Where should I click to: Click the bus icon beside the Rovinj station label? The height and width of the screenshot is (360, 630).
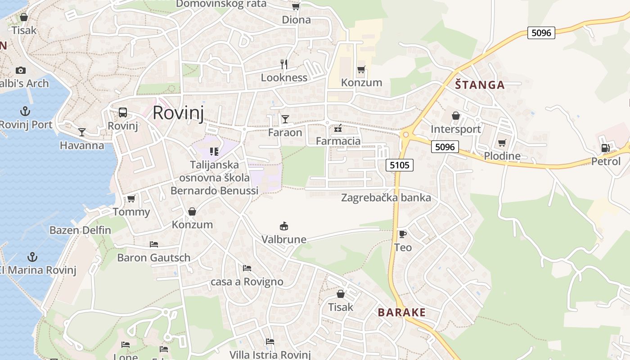(x=123, y=112)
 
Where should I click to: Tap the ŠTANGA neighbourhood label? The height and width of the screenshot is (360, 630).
(x=480, y=85)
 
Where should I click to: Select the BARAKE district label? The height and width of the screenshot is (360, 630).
(x=401, y=312)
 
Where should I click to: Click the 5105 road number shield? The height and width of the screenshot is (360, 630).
(x=400, y=165)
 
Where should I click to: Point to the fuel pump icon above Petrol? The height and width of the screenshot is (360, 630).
(x=606, y=148)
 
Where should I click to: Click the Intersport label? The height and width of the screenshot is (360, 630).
(x=456, y=129)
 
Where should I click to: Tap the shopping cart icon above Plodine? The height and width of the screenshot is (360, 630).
(x=502, y=143)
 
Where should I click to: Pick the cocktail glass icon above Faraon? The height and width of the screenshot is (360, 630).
(x=285, y=119)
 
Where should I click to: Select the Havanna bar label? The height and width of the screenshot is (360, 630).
(x=82, y=145)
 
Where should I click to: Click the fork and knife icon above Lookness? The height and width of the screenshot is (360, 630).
(x=283, y=64)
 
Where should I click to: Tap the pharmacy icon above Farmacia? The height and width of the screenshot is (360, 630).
(x=338, y=129)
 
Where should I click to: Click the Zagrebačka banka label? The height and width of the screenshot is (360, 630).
(x=386, y=198)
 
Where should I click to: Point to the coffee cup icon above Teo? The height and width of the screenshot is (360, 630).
(x=402, y=234)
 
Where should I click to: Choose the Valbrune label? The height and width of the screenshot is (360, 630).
(x=284, y=239)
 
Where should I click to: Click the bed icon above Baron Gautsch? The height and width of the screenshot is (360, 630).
(x=154, y=244)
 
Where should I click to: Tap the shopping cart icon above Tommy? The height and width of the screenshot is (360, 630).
(x=131, y=198)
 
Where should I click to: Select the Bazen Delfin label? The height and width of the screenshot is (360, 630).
(x=80, y=230)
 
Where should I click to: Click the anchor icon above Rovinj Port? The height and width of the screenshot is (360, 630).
(x=25, y=111)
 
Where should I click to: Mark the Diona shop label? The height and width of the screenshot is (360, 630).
(x=296, y=19)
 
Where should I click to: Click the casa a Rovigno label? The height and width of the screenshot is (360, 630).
(x=247, y=282)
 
